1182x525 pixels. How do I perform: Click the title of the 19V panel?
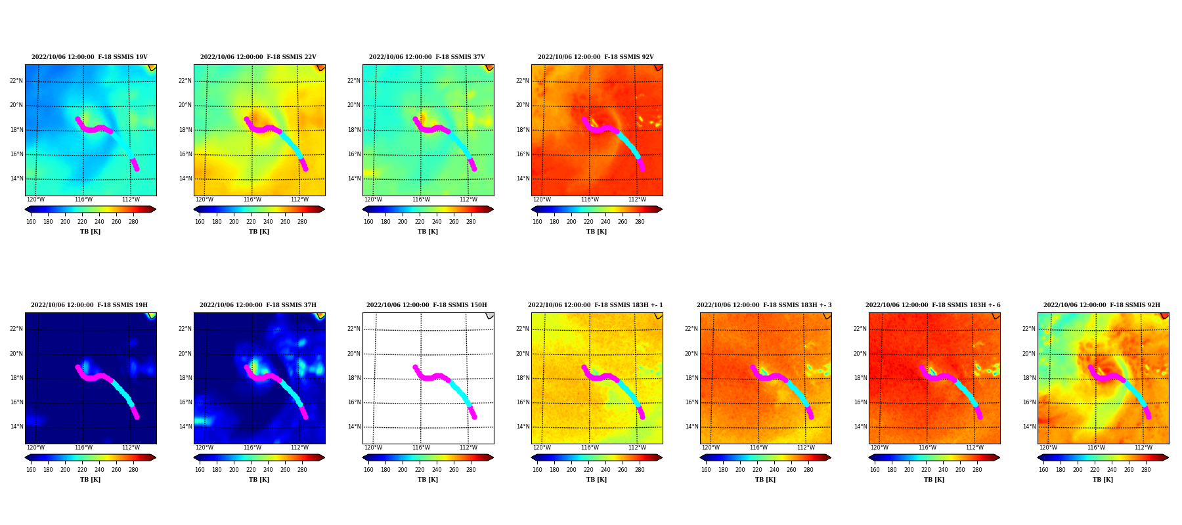pos(90,57)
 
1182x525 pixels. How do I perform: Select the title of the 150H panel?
pos(427,305)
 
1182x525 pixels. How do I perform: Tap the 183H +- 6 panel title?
pos(933,305)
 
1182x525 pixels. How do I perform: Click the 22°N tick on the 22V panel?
pos(185,81)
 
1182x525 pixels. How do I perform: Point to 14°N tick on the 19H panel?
pos(16,427)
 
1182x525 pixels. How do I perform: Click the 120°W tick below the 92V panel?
pos(542,199)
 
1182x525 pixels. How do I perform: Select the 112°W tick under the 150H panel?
pos(468,448)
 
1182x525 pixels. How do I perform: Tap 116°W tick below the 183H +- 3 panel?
pos(758,448)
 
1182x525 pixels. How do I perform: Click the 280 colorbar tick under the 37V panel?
pos(471,222)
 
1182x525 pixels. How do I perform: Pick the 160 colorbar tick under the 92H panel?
pos(1043,470)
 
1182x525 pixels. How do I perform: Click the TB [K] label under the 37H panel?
pos(259,480)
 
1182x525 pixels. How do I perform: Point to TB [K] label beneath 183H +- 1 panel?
pos(596,480)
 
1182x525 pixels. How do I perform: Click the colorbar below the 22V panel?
pos(259,209)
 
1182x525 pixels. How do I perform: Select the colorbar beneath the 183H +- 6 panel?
pos(934,457)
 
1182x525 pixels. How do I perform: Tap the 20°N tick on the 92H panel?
pos(1028,354)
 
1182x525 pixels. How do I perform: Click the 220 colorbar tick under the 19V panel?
pos(82,222)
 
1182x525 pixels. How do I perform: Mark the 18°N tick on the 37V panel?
pos(353,130)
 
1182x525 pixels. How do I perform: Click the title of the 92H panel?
pos(1102,305)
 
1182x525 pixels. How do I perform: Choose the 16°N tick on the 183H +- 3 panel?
pos(691,402)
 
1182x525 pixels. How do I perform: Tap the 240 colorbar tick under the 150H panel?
pos(437,470)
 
